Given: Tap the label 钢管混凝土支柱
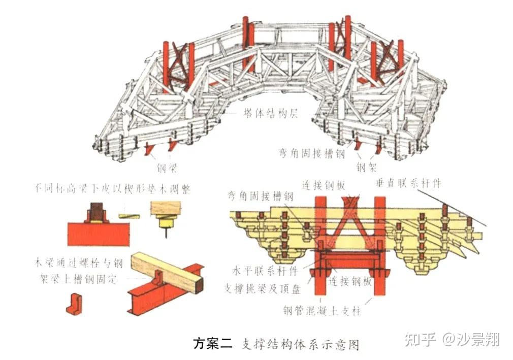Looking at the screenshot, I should [323, 310].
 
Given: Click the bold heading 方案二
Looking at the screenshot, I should [212, 343].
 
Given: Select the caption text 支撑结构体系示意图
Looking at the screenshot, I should [300, 344].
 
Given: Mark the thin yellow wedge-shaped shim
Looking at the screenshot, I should [130, 215].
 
